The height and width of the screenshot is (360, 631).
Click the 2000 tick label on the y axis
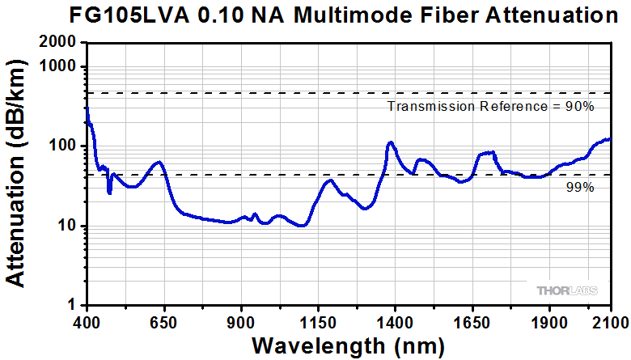click(x=60, y=43)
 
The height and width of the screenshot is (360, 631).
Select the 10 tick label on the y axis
click(x=67, y=226)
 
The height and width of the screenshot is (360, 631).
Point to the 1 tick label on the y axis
click(x=71, y=305)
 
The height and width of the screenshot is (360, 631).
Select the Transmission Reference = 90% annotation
click(x=491, y=106)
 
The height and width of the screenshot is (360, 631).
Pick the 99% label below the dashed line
click(x=581, y=188)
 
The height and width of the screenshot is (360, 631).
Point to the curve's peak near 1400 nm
click(x=391, y=143)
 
